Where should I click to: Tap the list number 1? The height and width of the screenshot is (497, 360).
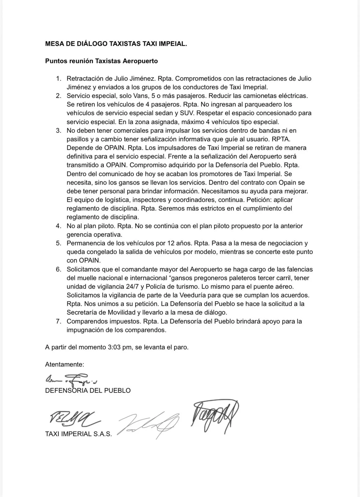click(x=58, y=79)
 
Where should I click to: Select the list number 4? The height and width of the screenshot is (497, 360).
click(x=58, y=226)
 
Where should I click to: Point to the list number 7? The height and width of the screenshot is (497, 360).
click(x=58, y=321)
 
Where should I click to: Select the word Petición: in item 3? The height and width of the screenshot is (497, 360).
click(x=266, y=200)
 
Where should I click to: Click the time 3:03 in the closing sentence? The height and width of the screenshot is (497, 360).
click(x=114, y=347)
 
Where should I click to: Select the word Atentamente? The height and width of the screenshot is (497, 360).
click(x=65, y=364)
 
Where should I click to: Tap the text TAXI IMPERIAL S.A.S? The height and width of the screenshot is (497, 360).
click(x=78, y=434)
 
